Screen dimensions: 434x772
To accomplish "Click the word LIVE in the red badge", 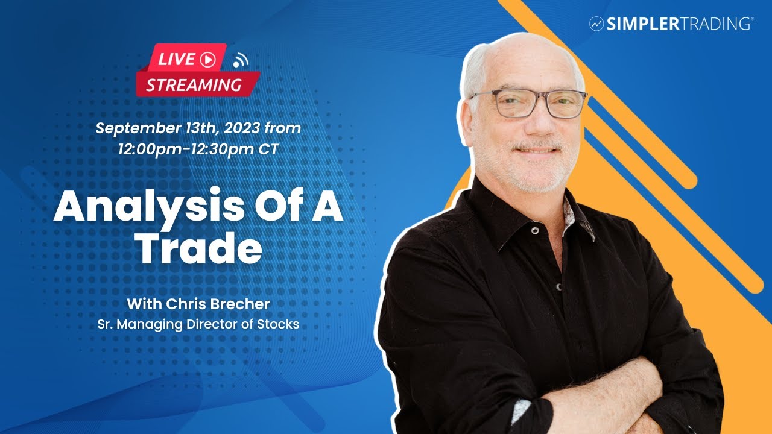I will pos(177,59).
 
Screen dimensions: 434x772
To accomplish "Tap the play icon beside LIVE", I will pos(207,59).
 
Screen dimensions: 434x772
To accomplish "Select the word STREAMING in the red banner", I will pos(194,85).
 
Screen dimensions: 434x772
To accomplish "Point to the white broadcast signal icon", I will pos(241,60).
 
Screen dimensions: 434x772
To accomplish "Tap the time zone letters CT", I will pos(269,149).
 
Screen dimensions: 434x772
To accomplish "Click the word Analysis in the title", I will pos(139,209).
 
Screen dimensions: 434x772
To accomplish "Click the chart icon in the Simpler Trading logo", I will pos(596,24).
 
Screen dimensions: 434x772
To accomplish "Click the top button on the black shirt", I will pos(534,230).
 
